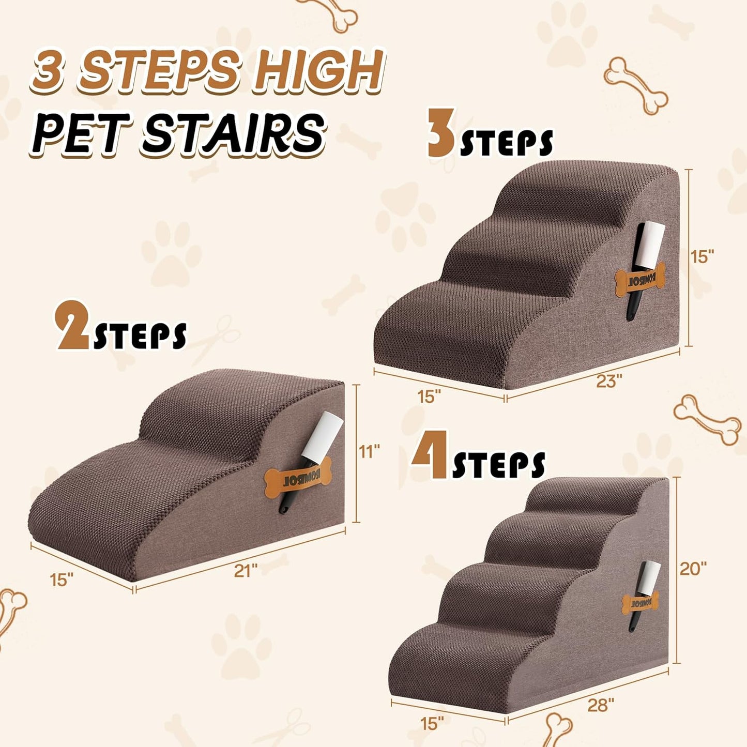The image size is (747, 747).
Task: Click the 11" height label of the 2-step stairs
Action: click(370, 452)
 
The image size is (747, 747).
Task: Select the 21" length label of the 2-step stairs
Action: click(246, 571)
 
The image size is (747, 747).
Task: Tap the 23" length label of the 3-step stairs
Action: click(608, 382)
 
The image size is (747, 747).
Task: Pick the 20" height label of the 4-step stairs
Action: click(693, 569)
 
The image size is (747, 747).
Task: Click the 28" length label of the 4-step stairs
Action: click(601, 705)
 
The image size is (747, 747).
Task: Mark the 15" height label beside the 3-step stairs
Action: click(703, 256)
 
